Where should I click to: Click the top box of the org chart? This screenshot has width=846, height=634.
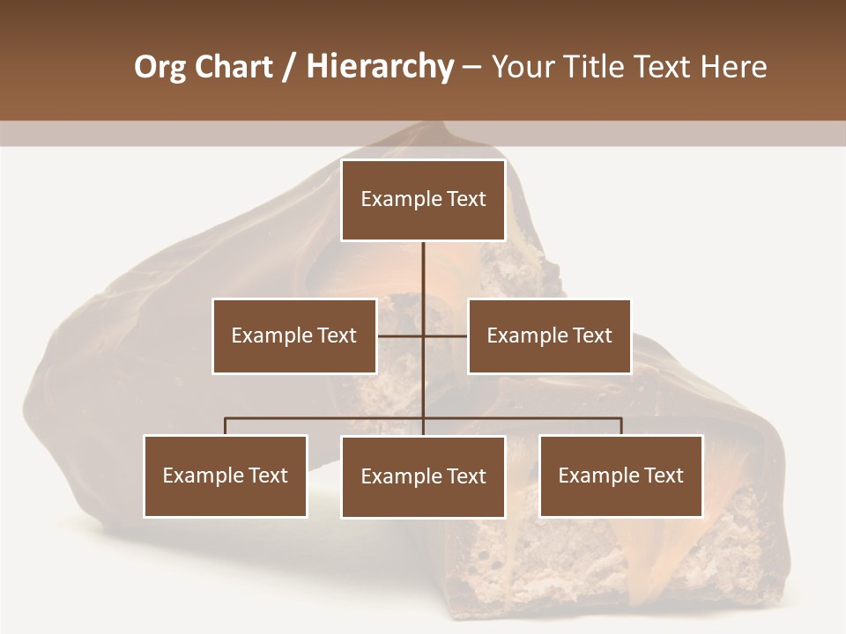pyautogui.click(x=423, y=200)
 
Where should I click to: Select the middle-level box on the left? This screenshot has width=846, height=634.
pyautogui.click(x=294, y=335)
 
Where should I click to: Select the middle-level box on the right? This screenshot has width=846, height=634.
pyautogui.click(x=549, y=335)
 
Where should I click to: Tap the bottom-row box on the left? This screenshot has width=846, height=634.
pyautogui.click(x=226, y=475)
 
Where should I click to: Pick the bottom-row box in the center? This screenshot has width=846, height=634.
pyautogui.click(x=423, y=476)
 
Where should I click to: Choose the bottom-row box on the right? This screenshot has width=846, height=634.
pyautogui.click(x=620, y=475)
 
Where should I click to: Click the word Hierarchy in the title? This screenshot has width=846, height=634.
pyautogui.click(x=380, y=67)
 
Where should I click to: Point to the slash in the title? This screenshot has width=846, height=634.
pyautogui.click(x=290, y=67)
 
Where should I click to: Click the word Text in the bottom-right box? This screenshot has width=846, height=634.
pyautogui.click(x=664, y=475)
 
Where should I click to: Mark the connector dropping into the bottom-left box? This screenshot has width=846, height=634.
pyautogui.click(x=226, y=426)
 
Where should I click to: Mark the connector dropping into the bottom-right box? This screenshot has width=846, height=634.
pyautogui.click(x=620, y=426)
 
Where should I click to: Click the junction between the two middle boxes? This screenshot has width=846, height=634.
pyautogui.click(x=423, y=335)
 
